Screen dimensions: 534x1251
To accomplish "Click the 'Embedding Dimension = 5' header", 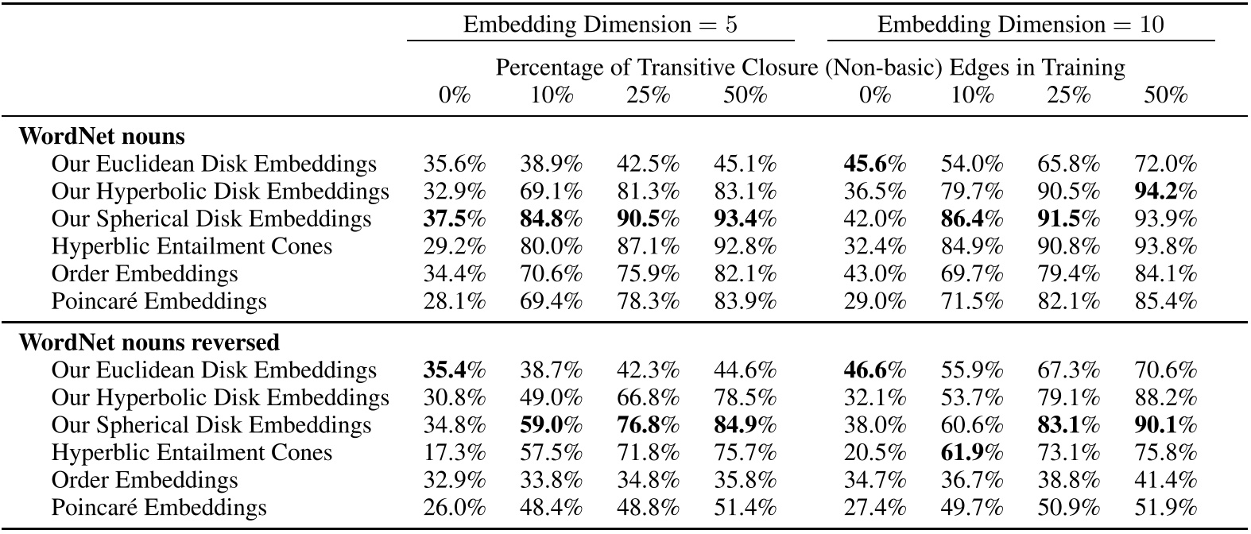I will click(600, 24).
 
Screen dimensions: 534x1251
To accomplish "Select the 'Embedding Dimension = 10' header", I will click(1021, 24).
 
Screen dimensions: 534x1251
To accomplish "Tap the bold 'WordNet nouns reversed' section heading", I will click(149, 342).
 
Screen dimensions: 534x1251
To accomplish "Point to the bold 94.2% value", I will click(1165, 192).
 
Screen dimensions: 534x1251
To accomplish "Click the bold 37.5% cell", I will click(455, 219).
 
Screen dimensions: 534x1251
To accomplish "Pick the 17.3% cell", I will click(455, 453).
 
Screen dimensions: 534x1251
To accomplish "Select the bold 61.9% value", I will click(972, 453).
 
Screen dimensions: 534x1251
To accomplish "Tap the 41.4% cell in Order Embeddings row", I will click(1165, 480).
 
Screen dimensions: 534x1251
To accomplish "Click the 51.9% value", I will click(1165, 508).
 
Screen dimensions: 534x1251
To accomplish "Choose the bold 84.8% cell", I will click(552, 219).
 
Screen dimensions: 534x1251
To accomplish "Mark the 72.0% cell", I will click(1165, 164).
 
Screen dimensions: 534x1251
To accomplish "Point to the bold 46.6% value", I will click(875, 370).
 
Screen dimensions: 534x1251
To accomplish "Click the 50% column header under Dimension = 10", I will click(1165, 96).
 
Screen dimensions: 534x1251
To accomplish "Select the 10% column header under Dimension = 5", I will click(552, 96).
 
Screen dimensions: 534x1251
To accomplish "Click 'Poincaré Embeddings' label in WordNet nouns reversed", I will click(159, 508).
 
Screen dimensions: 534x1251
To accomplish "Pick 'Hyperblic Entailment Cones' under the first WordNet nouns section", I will click(192, 246).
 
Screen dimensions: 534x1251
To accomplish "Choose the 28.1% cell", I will click(455, 301).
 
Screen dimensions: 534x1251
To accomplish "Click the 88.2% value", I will click(1165, 397).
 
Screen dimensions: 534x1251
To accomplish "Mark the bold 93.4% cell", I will click(745, 219).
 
